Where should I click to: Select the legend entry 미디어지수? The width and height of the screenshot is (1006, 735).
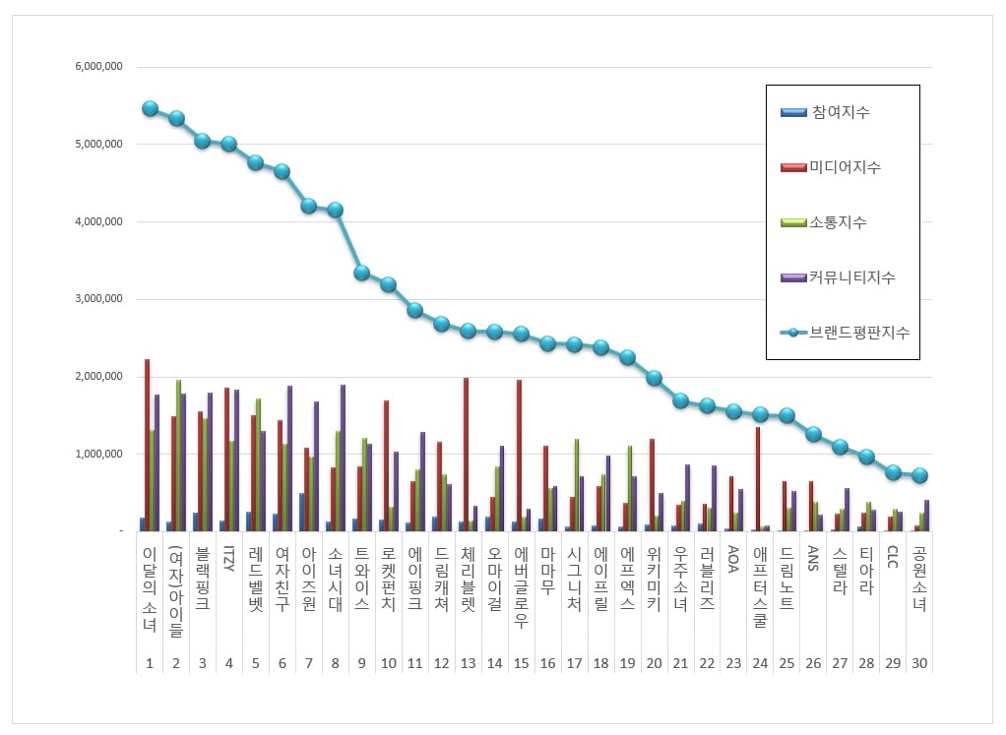click(846, 167)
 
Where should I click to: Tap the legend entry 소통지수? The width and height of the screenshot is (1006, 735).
click(840, 222)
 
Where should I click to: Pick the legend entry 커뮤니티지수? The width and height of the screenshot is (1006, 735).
click(852, 277)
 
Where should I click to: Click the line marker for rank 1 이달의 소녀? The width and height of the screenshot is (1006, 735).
click(150, 108)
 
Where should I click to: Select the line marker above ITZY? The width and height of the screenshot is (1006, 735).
click(229, 144)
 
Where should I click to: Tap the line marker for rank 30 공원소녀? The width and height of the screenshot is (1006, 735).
click(919, 475)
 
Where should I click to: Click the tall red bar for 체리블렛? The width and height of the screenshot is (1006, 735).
click(466, 455)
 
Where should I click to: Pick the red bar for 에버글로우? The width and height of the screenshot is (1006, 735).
click(519, 456)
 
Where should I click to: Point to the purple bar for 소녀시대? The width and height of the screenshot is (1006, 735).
click(343, 458)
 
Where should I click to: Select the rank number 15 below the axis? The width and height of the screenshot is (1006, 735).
click(521, 664)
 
